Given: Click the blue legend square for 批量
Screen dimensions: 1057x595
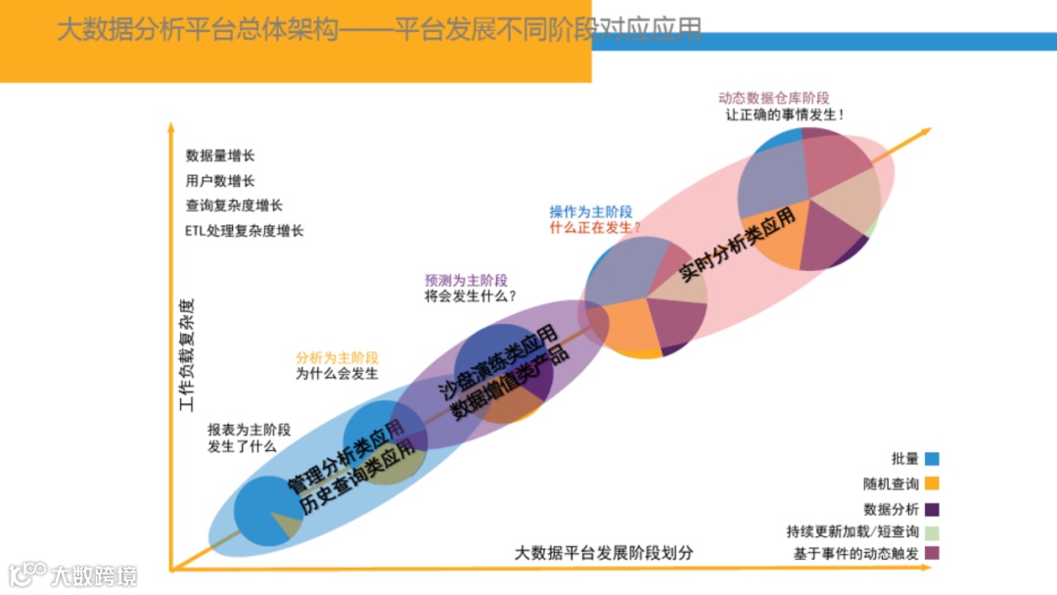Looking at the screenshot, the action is [x=932, y=458].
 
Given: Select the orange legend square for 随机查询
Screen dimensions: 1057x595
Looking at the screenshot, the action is [x=932, y=483].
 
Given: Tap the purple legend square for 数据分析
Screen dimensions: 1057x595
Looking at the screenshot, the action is [x=932, y=509].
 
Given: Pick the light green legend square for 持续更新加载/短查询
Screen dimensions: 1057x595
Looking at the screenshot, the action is [x=932, y=532].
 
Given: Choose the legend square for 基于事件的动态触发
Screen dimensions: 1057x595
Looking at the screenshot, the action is [x=932, y=554].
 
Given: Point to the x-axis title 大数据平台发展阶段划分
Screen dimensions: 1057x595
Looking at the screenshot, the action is [x=605, y=552].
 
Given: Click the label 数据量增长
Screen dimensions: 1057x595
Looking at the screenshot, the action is [x=220, y=156].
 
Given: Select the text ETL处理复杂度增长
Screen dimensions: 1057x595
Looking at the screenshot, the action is [x=244, y=231].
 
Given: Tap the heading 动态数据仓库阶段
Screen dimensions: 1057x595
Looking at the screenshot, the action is [x=773, y=98].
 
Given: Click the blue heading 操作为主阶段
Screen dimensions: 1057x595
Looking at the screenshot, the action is [x=590, y=211].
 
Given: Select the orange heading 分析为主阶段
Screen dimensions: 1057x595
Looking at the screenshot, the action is [x=337, y=357].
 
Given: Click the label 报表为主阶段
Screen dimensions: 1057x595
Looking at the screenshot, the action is [x=249, y=430].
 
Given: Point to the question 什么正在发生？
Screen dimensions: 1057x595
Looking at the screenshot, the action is [x=595, y=227].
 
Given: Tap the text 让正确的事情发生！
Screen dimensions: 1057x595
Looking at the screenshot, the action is [x=784, y=114].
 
